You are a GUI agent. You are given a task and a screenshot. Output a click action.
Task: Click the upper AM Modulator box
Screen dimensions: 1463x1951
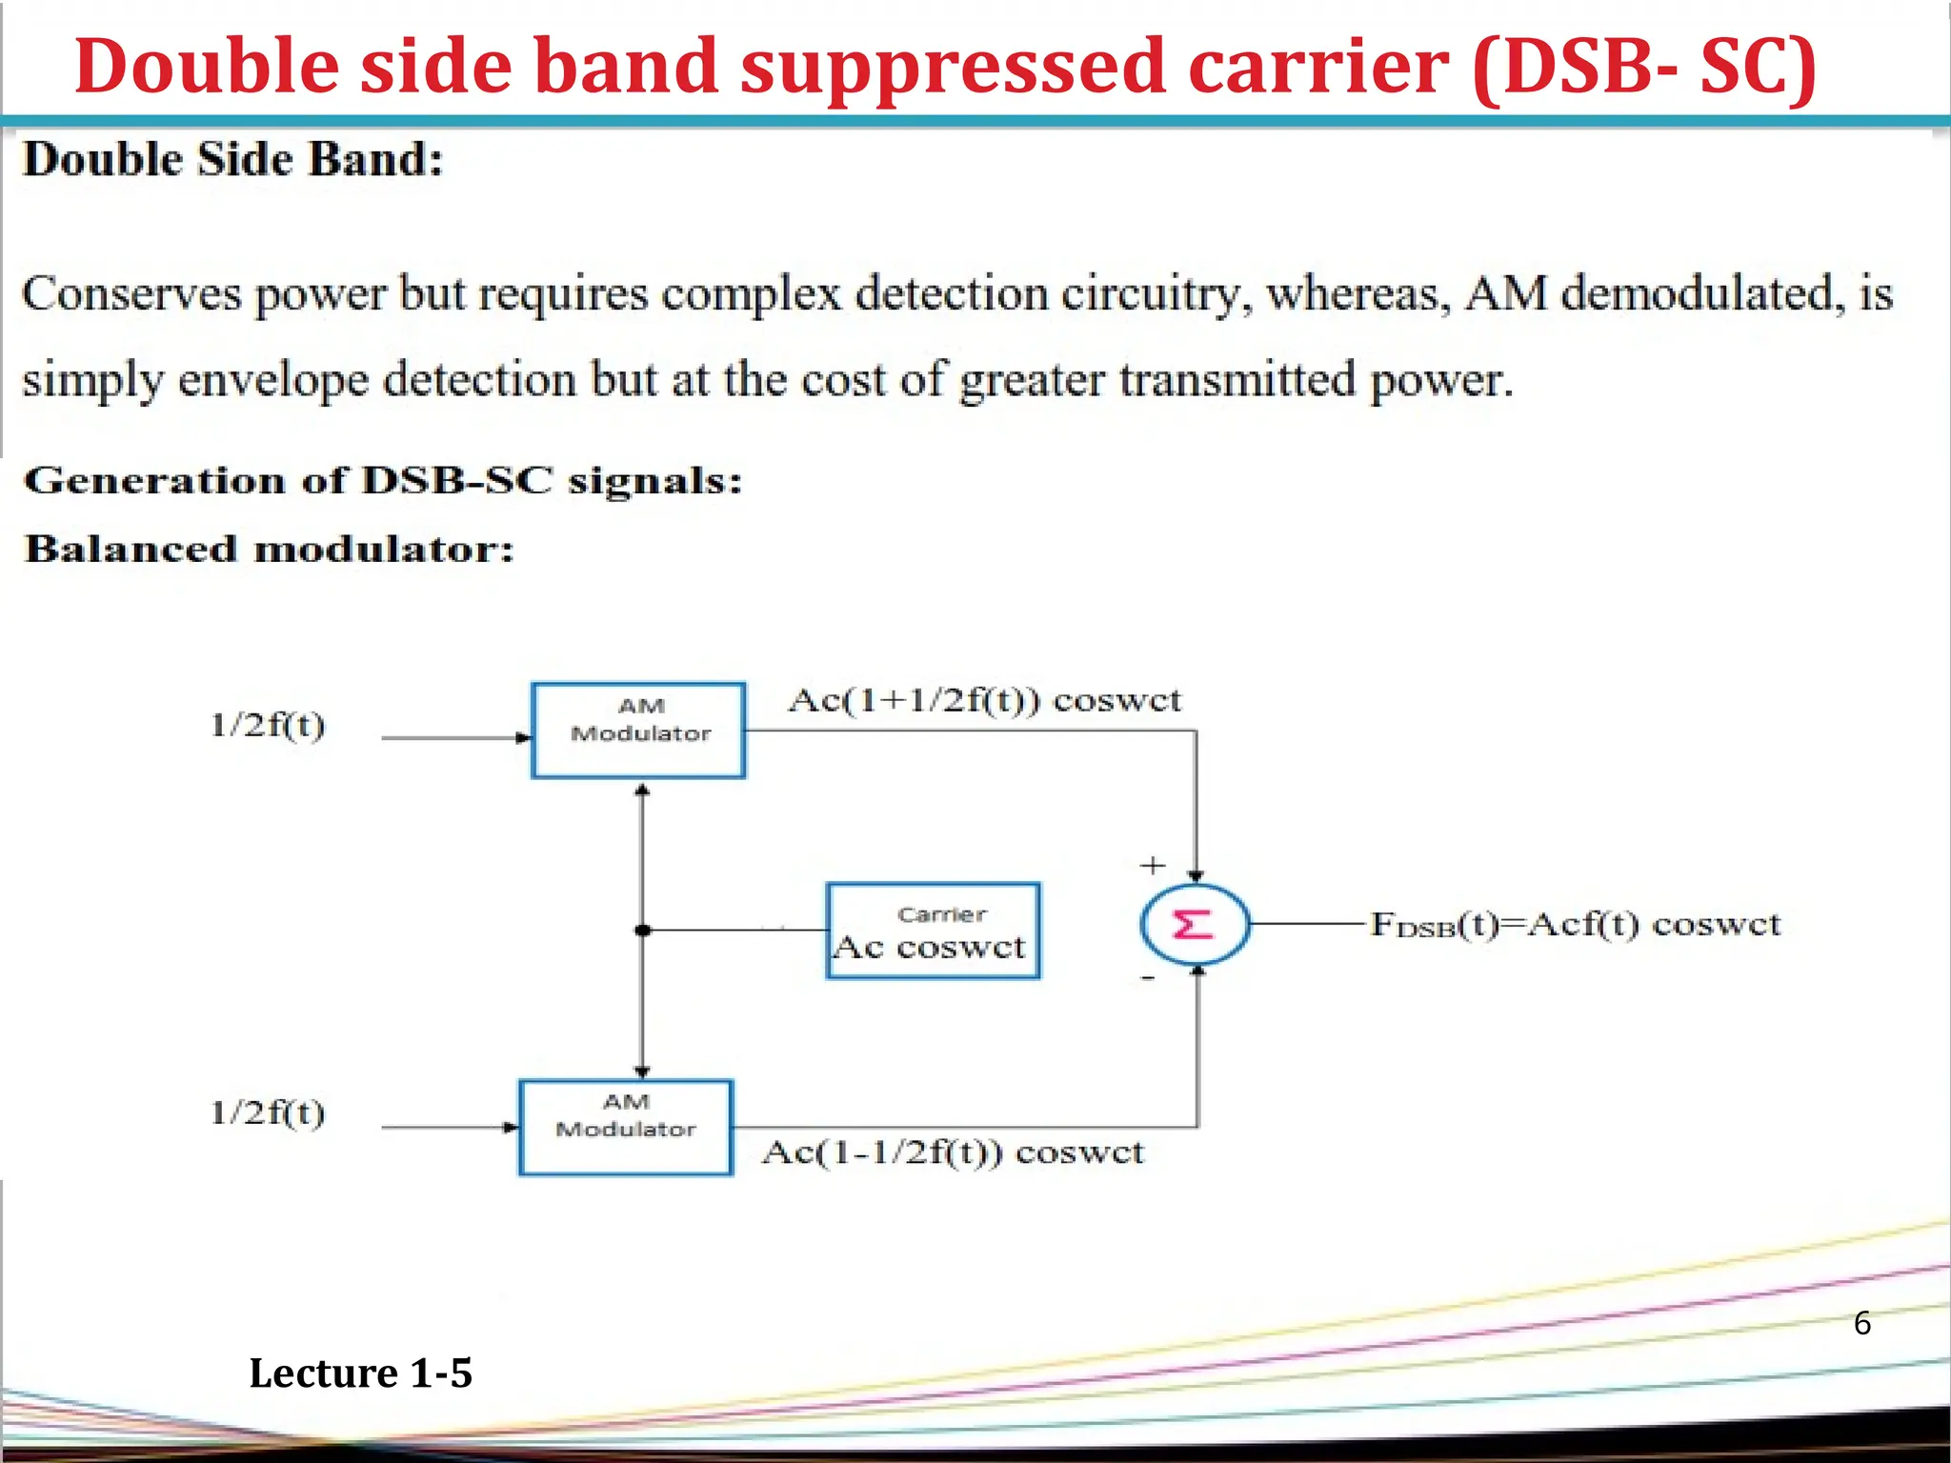(638, 731)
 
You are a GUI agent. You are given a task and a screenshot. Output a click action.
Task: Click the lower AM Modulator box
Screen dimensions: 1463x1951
(626, 1127)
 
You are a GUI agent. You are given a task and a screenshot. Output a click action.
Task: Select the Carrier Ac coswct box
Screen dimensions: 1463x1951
(933, 931)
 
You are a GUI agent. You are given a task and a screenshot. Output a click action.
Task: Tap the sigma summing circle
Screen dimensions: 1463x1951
(1195, 925)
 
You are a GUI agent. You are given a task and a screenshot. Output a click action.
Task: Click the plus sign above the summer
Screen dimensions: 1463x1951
(1153, 865)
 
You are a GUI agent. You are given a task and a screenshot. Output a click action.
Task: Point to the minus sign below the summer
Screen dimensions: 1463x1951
(1148, 978)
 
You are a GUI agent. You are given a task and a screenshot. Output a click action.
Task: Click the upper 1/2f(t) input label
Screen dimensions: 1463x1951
(268, 726)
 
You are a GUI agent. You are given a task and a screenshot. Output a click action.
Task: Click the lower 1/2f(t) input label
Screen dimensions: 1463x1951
(268, 1112)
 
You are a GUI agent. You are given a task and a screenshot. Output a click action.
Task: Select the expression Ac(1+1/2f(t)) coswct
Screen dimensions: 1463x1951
(984, 701)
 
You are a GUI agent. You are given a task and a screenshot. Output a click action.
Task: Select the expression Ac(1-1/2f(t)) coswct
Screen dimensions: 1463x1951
(953, 1152)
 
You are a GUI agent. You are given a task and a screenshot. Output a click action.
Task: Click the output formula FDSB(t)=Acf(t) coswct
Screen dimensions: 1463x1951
(1575, 925)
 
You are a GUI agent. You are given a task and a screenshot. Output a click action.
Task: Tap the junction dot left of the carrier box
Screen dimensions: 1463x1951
(643, 930)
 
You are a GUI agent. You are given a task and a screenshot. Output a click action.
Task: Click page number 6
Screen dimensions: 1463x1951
(1862, 1323)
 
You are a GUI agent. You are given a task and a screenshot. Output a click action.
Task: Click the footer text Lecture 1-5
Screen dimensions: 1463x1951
(360, 1373)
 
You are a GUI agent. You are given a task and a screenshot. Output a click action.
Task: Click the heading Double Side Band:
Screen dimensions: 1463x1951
(233, 159)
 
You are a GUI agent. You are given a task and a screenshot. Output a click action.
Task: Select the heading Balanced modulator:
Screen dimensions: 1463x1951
(269, 550)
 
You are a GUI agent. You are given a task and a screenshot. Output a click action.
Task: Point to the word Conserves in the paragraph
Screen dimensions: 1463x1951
(131, 293)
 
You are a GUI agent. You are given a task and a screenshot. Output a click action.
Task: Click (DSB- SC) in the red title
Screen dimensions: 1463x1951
(1644, 67)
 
